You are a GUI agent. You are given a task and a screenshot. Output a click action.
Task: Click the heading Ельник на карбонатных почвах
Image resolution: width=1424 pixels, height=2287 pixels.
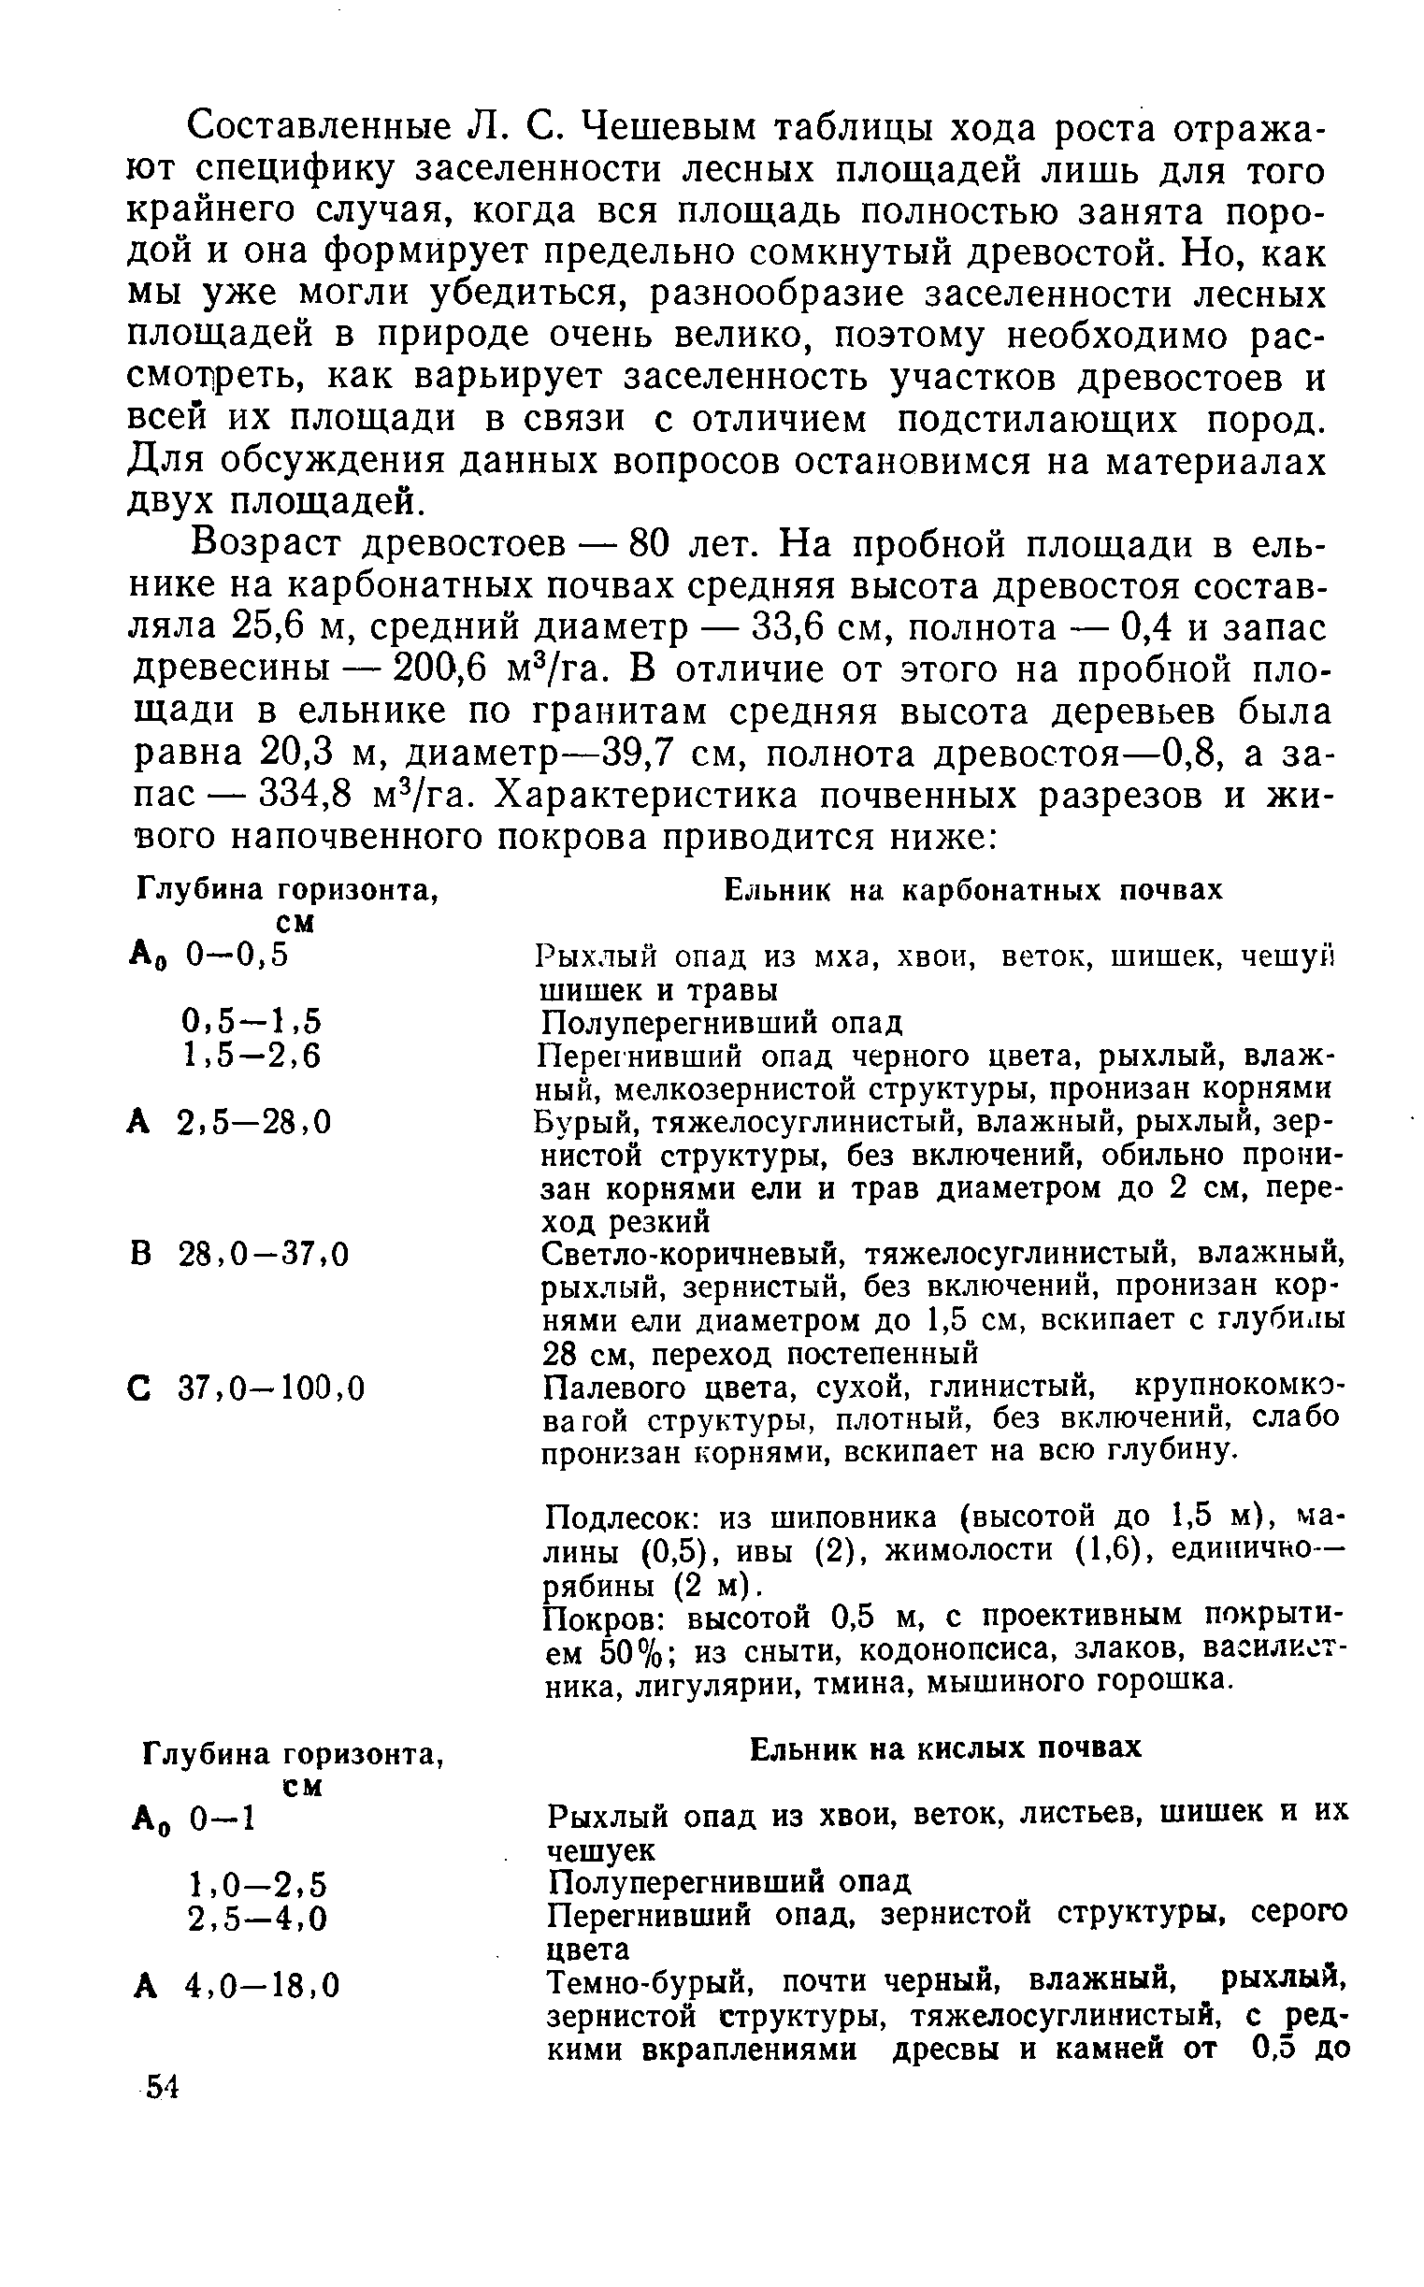click(972, 890)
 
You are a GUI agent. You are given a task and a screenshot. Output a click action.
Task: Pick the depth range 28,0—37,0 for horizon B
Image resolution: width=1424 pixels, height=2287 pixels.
click(263, 1255)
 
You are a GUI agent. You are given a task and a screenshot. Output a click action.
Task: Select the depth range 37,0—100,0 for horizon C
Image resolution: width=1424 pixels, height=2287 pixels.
click(271, 1388)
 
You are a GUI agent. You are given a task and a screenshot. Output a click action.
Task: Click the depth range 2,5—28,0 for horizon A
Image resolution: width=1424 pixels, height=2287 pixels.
click(254, 1122)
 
